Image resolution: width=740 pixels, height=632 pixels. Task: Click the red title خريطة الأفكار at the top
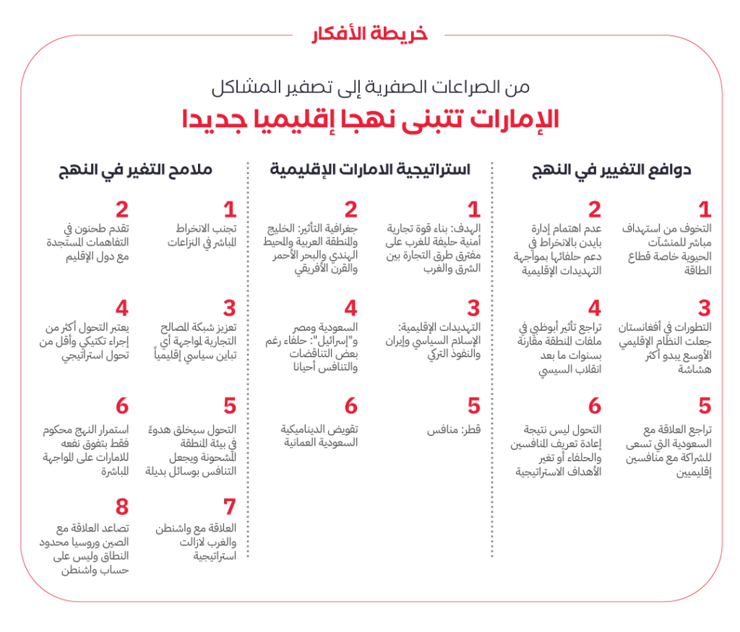coord(370,34)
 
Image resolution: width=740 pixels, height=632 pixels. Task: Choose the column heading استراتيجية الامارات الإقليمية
coord(370,170)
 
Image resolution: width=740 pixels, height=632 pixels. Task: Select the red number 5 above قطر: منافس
coord(473,405)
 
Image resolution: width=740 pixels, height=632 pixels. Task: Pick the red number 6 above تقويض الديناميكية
coord(350,405)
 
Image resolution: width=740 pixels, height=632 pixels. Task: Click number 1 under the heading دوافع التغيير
coord(704,209)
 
